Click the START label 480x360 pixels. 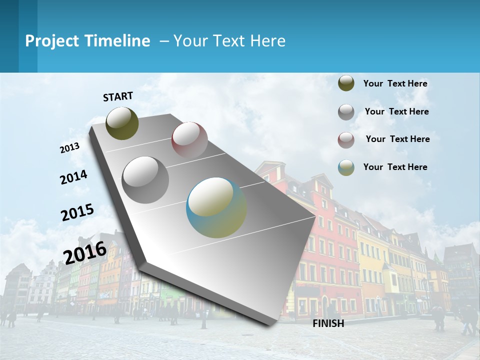point(118,96)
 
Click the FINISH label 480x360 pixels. point(328,323)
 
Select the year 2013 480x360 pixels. point(70,148)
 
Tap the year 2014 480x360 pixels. point(73,177)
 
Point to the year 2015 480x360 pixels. point(77,212)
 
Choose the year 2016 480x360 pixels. point(85,252)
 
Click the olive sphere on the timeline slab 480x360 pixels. point(122,123)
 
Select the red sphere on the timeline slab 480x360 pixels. point(189,139)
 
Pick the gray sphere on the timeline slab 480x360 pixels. point(145,179)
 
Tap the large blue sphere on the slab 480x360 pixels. point(216,207)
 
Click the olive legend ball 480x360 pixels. point(346,83)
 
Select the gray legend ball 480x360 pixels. point(346,112)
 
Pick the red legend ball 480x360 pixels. point(346,139)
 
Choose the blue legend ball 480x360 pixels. point(346,167)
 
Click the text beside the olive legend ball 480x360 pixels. point(395,83)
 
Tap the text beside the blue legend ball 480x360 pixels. point(395,167)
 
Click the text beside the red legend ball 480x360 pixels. point(397,139)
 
